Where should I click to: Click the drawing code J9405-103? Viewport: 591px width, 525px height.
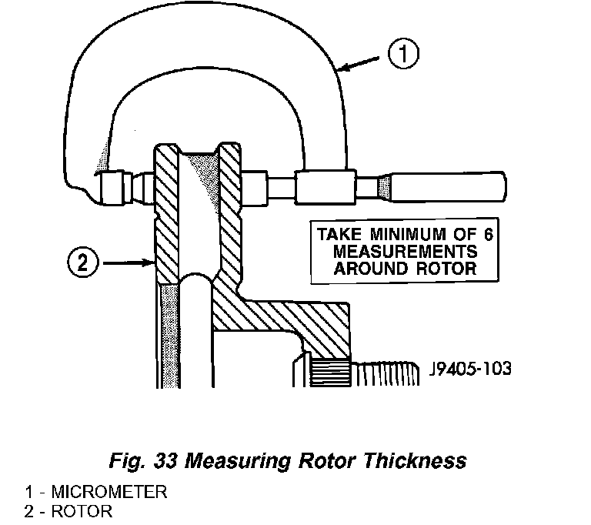[x=467, y=368]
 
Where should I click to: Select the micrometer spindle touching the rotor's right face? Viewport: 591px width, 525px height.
[x=258, y=186]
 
